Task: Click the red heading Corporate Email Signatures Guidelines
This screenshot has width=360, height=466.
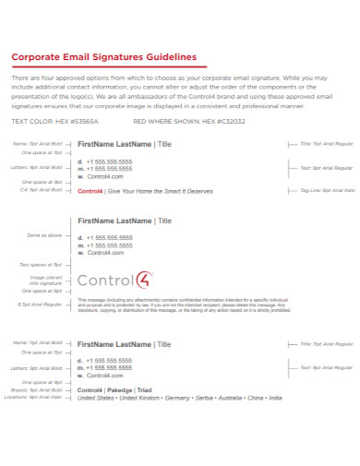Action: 104,56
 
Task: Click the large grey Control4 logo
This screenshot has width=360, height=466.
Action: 120,281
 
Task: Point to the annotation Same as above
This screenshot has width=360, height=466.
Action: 46,235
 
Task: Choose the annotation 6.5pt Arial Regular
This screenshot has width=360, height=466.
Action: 42,304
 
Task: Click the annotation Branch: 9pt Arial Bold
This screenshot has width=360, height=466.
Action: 42,389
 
